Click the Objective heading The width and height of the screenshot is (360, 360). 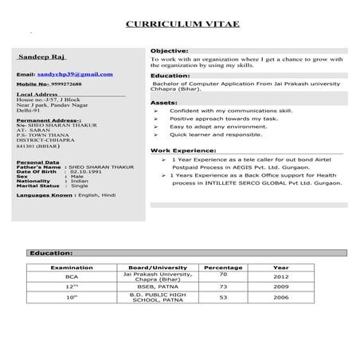(x=169, y=50)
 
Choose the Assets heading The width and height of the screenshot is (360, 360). (x=163, y=104)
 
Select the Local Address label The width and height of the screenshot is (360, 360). (x=41, y=93)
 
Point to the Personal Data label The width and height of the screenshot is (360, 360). (x=37, y=162)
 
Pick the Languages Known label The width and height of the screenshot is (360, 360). (x=46, y=194)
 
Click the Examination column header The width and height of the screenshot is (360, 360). (x=72, y=268)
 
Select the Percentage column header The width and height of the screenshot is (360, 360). (x=223, y=268)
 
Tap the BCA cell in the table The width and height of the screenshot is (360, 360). (x=72, y=277)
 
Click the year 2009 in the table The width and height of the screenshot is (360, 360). (x=281, y=286)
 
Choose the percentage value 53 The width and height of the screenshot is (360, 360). (x=223, y=297)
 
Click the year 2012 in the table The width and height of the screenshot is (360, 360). (x=281, y=277)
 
